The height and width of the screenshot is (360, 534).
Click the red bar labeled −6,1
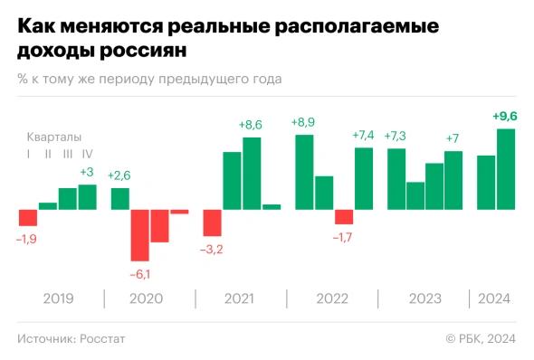pos(140,235)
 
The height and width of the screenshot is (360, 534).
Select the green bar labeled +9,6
pos(506,169)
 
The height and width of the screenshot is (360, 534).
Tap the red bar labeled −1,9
pos(28,218)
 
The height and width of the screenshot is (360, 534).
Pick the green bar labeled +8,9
pos(304,172)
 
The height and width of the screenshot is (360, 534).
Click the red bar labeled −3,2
pos(213,223)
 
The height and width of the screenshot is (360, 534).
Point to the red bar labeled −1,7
pos(344,217)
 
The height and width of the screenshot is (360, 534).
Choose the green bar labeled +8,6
pos(252,174)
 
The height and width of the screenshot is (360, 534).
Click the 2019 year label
pos(58,298)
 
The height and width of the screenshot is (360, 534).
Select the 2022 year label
pos(332,298)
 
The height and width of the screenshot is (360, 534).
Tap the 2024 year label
pos(494,298)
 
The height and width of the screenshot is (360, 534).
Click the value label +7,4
pos(363,136)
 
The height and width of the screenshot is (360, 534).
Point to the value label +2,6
pos(119,175)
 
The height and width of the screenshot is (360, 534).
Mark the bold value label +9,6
pos(506,116)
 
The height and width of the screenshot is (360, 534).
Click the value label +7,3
pos(396,136)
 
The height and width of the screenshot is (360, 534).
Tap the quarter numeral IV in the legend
pos(88,154)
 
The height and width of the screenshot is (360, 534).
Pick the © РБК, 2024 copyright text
pos(480,338)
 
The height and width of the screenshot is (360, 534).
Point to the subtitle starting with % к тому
pos(149,79)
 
